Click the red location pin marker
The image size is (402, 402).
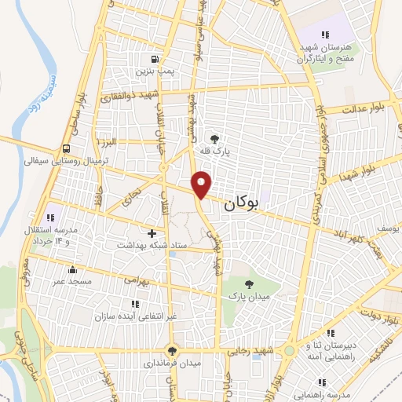point(203,183)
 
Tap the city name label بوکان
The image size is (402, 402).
point(240,204)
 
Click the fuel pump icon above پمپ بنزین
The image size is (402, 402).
point(155,59)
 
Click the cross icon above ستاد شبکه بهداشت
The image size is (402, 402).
point(152,233)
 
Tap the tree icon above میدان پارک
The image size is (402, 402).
point(249,283)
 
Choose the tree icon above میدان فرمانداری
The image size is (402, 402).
point(172,350)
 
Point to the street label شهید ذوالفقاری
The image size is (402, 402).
point(130,96)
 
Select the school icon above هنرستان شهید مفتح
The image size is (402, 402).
point(324,34)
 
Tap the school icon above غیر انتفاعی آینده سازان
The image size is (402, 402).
point(135,303)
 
